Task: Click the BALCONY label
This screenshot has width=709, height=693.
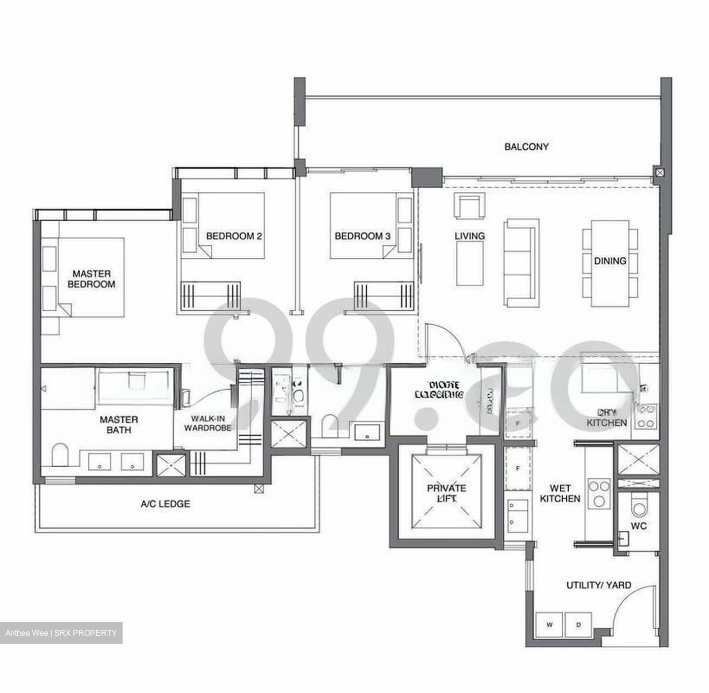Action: point(526,147)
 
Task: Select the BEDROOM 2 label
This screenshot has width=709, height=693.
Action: point(233,236)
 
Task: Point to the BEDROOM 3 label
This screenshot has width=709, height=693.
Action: point(362,236)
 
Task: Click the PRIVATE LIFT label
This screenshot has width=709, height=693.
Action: point(446,493)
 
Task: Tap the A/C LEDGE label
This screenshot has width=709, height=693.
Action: point(165,504)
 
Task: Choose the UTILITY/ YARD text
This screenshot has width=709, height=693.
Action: point(598,586)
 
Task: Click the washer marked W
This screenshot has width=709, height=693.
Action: point(549,625)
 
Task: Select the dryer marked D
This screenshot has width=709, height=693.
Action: point(579,625)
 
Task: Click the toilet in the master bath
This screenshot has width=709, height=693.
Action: point(60,454)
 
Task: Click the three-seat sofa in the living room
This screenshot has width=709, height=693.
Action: point(519,262)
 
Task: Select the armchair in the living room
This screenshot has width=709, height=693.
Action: point(469,206)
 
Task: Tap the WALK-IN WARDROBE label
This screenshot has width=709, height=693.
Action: point(207,423)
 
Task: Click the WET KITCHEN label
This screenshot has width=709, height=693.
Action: point(560,493)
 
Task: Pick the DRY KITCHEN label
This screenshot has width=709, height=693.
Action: point(607,418)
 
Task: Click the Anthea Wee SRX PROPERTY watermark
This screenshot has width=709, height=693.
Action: point(61,633)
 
